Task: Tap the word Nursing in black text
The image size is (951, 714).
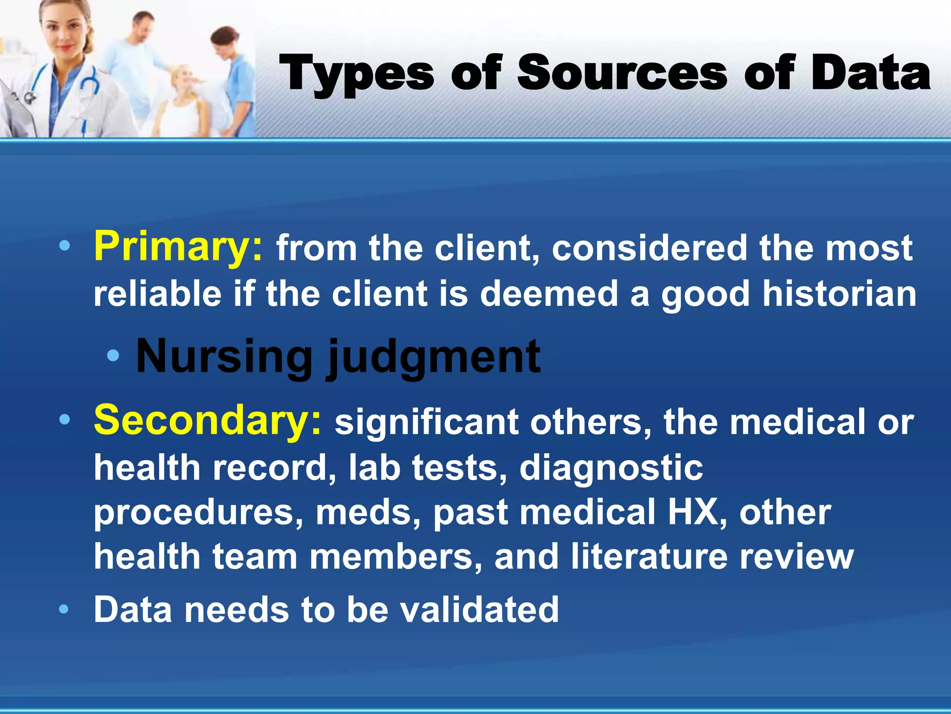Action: click(224, 357)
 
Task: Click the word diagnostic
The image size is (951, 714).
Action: click(611, 469)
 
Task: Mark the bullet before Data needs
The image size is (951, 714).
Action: click(64, 609)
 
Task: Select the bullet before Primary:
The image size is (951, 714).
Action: click(64, 246)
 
